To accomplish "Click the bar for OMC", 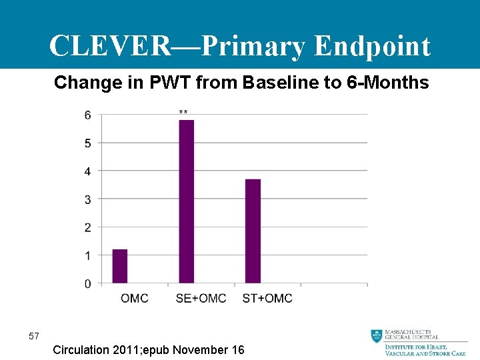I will click(120, 267).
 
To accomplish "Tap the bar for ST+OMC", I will click(253, 231).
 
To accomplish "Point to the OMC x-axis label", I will click(135, 298).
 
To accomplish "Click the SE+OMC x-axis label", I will click(201, 298).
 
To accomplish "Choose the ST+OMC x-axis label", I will click(267, 298).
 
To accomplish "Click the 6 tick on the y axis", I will click(88, 115).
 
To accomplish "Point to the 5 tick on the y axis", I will click(88, 143).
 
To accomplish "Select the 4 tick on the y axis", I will click(88, 171).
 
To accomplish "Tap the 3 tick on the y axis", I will click(88, 199).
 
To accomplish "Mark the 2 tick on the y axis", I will click(88, 228).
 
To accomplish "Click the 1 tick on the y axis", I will click(88, 256).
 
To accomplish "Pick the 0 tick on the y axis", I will click(88, 284).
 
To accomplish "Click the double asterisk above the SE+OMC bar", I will click(183, 113).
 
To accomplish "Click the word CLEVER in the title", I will click(110, 47).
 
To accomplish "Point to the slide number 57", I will click(34, 336).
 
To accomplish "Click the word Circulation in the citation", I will click(84, 350).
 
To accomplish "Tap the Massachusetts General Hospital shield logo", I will click(377, 336).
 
